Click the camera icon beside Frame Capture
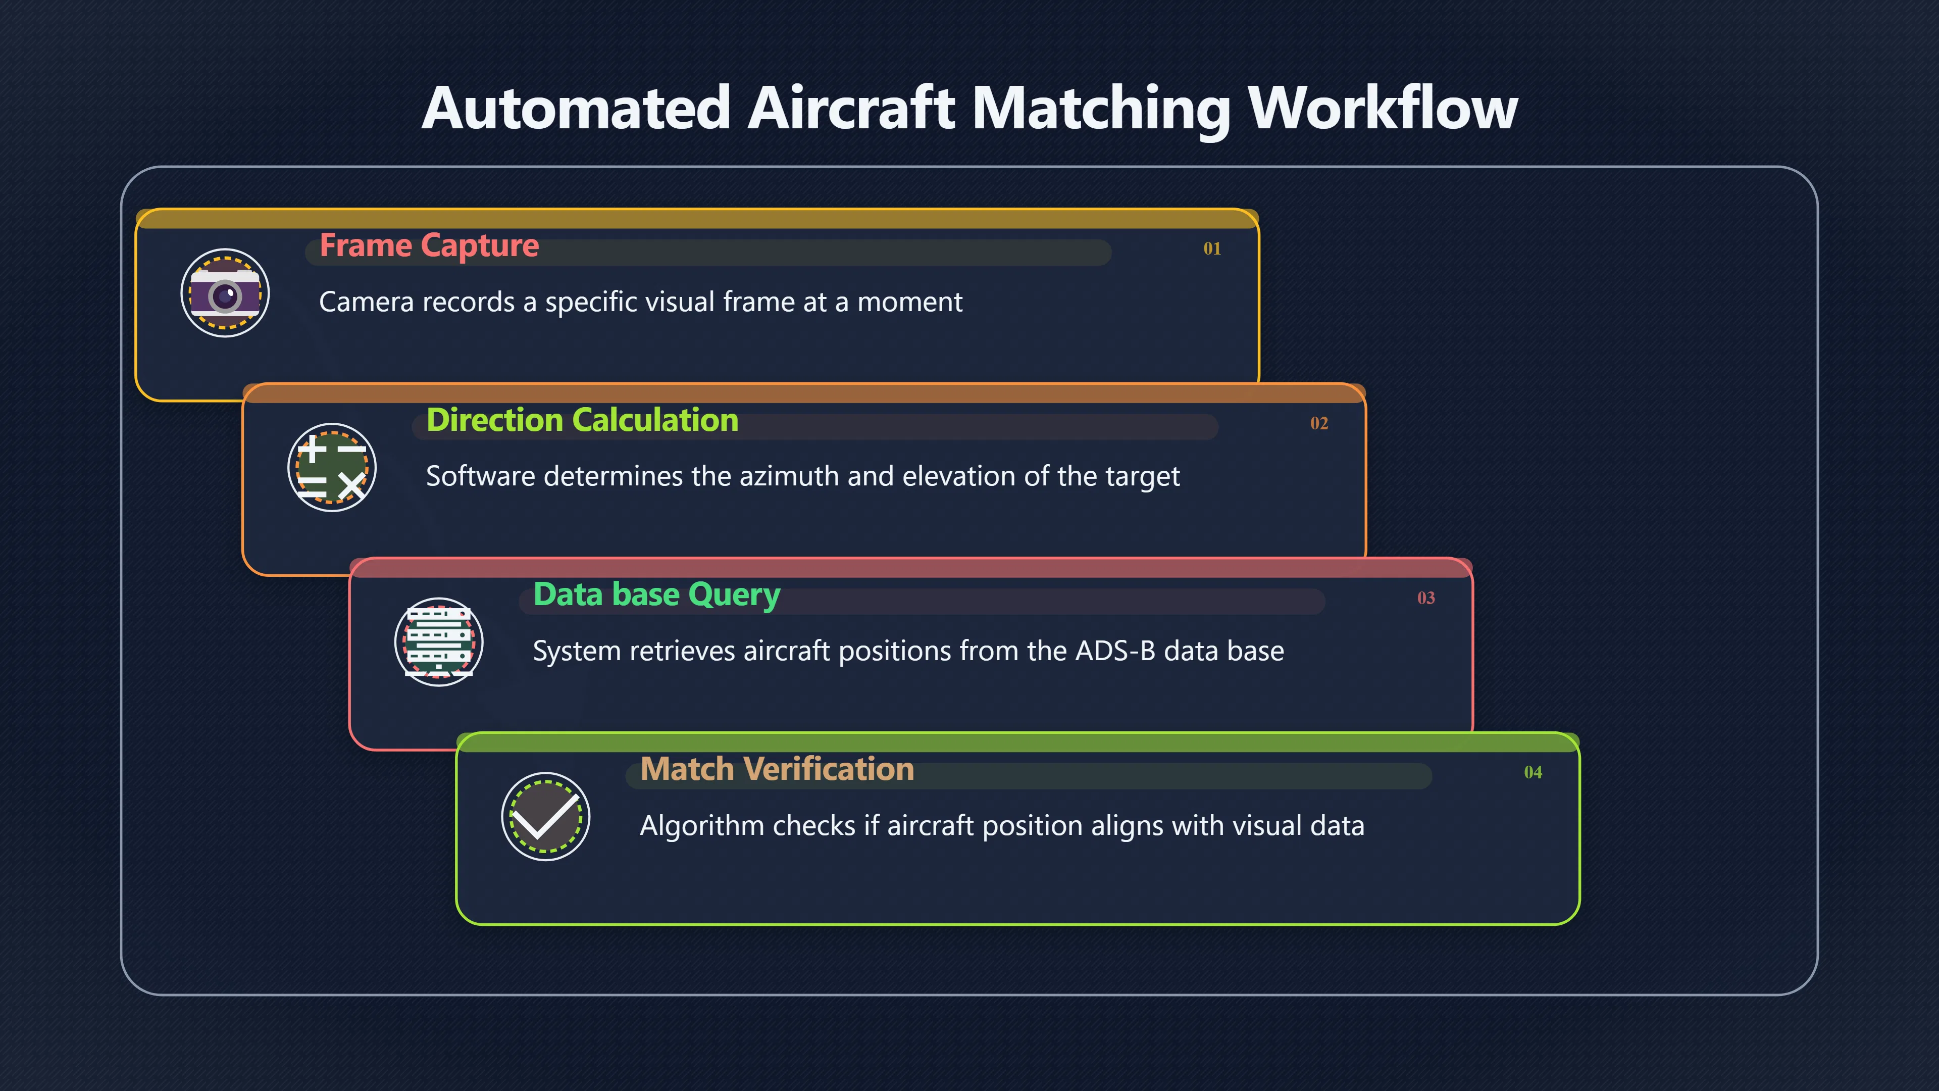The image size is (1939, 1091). pyautogui.click(x=225, y=293)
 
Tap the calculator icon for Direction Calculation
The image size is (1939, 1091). pyautogui.click(x=332, y=468)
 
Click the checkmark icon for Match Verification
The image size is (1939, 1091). pyautogui.click(x=546, y=817)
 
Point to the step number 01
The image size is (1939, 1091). pyautogui.click(x=1212, y=249)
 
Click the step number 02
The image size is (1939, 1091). pyautogui.click(x=1319, y=423)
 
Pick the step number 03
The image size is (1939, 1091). pyautogui.click(x=1425, y=598)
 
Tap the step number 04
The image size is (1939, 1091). pyautogui.click(x=1533, y=772)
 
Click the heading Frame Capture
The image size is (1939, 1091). pyautogui.click(x=429, y=246)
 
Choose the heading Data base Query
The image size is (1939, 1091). pyautogui.click(x=656, y=596)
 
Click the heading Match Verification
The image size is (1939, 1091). pyautogui.click(x=777, y=769)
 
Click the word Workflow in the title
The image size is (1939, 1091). pyautogui.click(x=1383, y=108)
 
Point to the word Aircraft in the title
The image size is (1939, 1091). pyautogui.click(x=851, y=108)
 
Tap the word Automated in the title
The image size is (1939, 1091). pyautogui.click(x=576, y=108)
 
